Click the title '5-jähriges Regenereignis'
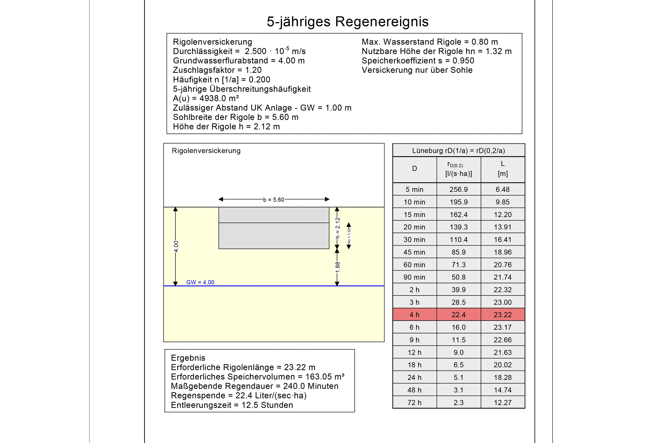coord(347,22)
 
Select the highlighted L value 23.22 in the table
coord(502,315)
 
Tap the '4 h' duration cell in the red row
coord(414,315)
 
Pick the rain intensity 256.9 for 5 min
coord(458,190)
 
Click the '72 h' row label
coord(414,403)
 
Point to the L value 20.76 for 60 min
coord(502,265)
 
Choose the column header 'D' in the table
coord(414,169)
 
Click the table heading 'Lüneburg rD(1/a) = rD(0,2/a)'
coord(458,151)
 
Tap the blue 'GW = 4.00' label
coord(200,282)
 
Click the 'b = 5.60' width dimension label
coord(273,200)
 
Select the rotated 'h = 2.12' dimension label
coord(337,228)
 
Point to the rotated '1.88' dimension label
coord(337,267)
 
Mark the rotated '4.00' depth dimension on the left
coord(176,246)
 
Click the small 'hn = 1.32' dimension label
coord(349,236)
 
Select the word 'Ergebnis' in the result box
coord(188,358)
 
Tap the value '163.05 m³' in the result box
coord(325,377)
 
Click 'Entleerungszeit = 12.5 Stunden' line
coord(232,405)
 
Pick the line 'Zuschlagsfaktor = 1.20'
coord(217,70)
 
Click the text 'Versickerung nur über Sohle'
coord(417,70)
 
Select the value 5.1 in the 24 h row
coord(458,377)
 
